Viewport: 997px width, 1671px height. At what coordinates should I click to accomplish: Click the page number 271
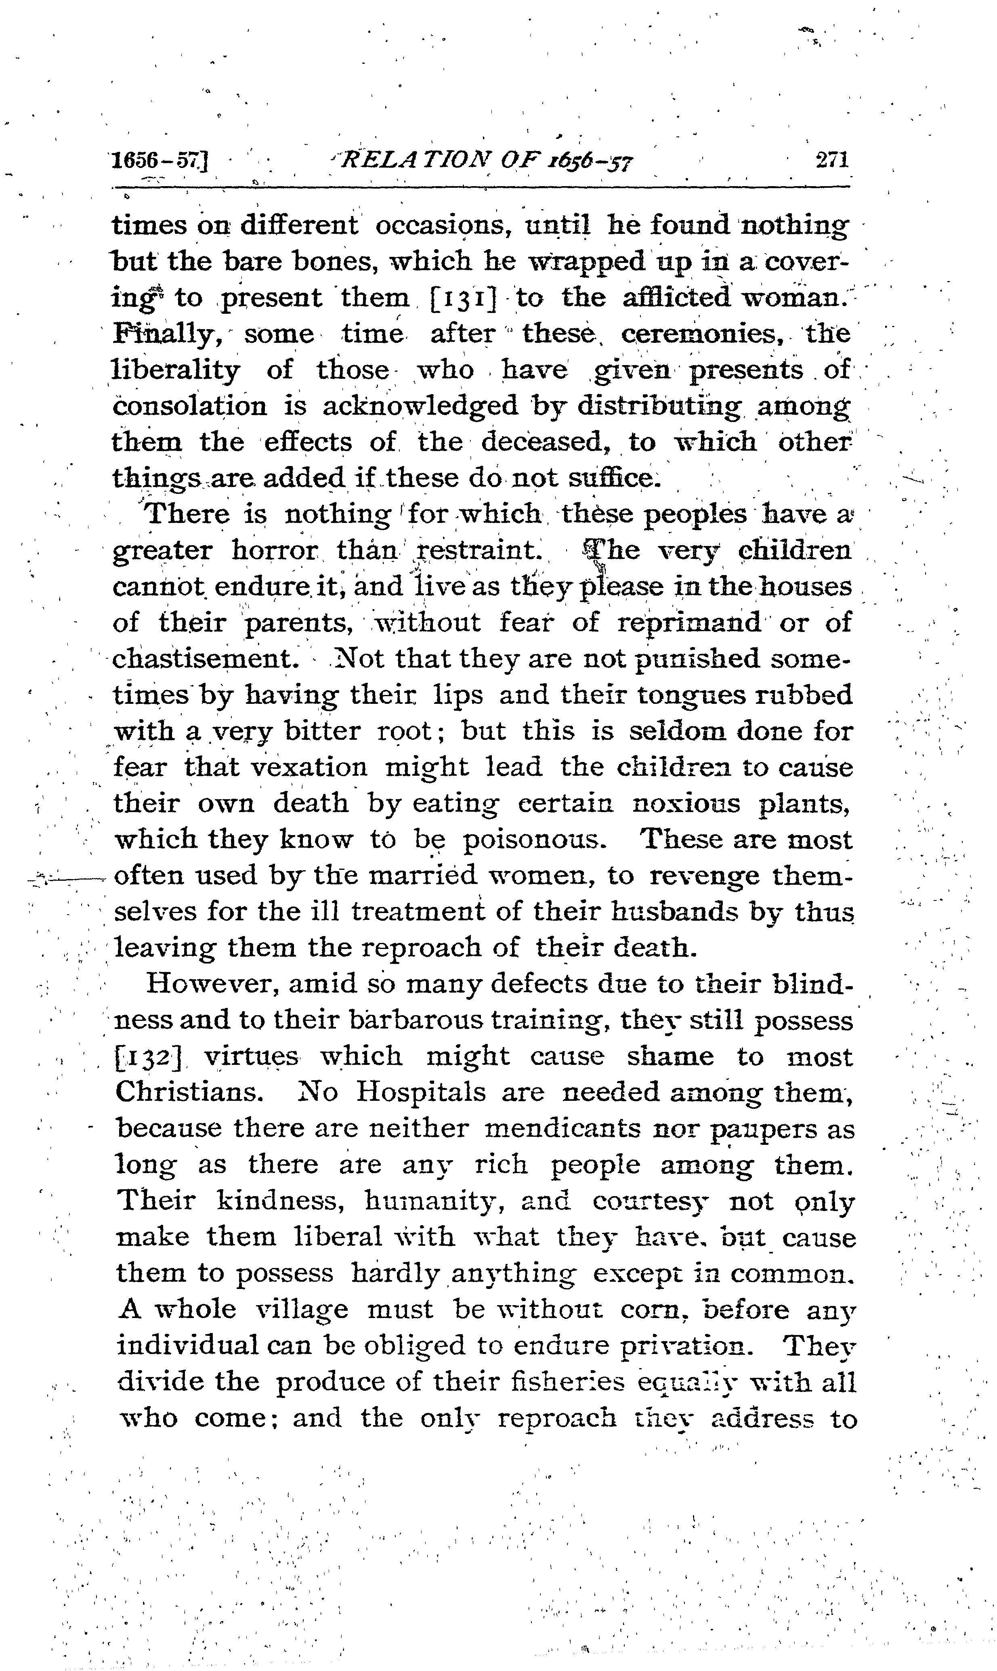pos(832,161)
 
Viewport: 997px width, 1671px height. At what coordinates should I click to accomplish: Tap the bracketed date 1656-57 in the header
pos(161,161)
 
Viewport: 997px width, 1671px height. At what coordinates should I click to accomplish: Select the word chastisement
pos(205,659)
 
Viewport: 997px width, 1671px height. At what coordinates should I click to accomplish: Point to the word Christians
pos(189,1092)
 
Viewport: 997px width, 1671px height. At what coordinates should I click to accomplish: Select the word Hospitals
pos(421,1092)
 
